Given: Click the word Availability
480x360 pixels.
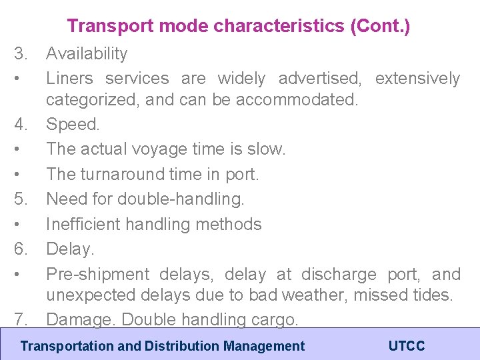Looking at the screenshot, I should pyautogui.click(x=86, y=54).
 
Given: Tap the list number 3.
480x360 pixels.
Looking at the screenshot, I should pyautogui.click(x=21, y=53).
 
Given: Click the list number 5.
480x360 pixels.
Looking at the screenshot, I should pyautogui.click(x=21, y=199).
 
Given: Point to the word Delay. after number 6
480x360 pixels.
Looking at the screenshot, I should pyautogui.click(x=70, y=249).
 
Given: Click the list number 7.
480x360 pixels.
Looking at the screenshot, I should pyautogui.click(x=21, y=319).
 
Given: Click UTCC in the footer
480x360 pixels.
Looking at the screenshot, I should pyautogui.click(x=406, y=346).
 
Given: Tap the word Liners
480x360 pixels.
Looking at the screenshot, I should pyautogui.click(x=70, y=79).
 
